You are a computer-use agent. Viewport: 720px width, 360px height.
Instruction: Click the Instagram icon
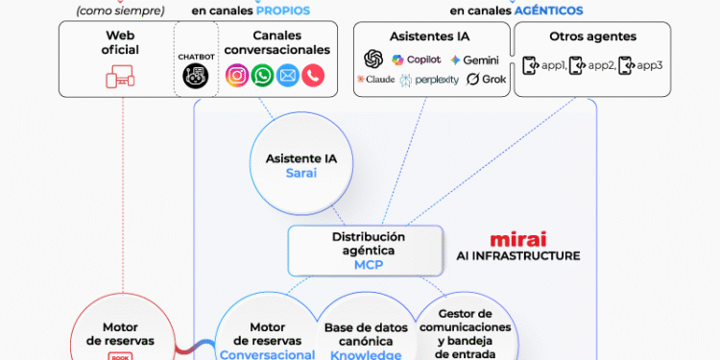(236, 75)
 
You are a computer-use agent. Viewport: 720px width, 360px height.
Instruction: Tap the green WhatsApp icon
(262, 75)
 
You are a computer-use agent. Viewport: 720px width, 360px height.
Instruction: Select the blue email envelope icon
(288, 75)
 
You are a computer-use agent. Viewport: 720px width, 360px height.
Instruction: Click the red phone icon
(313, 75)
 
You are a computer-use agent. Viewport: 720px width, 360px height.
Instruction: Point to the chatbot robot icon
(196, 77)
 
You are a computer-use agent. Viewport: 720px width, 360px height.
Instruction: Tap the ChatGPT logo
(373, 60)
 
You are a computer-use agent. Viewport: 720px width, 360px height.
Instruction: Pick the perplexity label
(431, 80)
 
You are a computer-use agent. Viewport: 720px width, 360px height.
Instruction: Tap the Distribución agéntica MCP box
(368, 251)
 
